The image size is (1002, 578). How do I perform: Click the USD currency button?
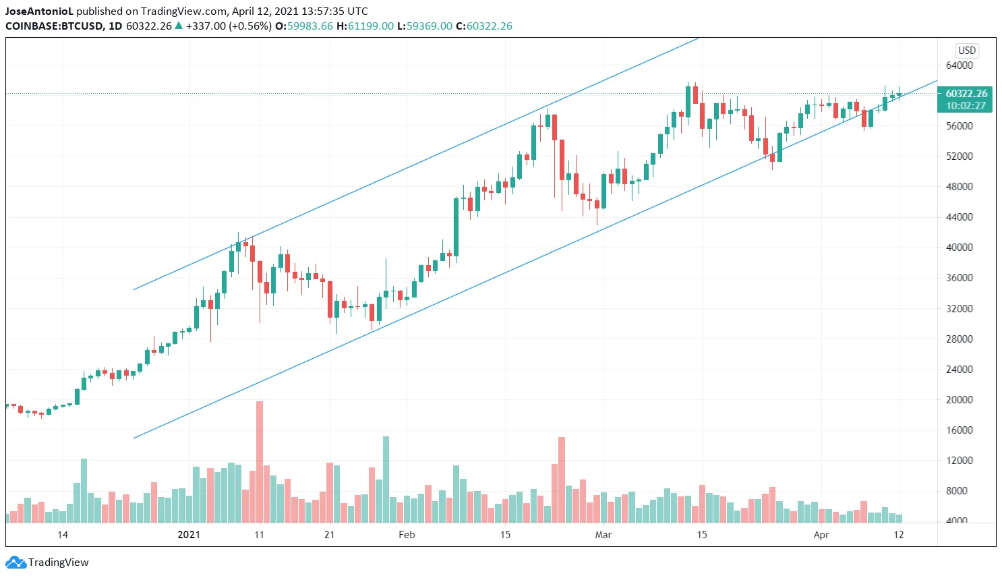pos(967,51)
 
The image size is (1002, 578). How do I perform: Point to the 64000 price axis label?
pos(959,65)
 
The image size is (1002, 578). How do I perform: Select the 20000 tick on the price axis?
pos(959,399)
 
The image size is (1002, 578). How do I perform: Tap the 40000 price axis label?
pos(959,248)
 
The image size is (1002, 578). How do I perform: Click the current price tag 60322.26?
pos(966,94)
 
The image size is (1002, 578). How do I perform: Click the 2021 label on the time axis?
pos(189,535)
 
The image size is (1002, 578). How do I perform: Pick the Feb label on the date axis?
pos(407,535)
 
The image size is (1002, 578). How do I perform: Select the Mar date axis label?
pos(603,535)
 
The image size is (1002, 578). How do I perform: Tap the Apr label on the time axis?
pos(821,535)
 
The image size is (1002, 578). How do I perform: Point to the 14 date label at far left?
pos(63,535)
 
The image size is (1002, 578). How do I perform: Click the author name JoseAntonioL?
pos(39,11)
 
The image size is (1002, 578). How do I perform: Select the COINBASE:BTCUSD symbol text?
pos(55,26)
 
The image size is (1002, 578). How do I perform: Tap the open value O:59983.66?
pos(304,26)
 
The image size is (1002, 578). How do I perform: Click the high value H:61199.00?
pos(365,26)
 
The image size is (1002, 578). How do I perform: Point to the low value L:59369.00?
pos(425,26)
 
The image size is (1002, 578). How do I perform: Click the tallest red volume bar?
pos(260,461)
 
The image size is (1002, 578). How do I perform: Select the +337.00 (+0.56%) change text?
pos(229,26)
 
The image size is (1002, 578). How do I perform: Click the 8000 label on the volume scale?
pos(959,491)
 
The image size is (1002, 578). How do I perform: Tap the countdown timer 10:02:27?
pos(966,106)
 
